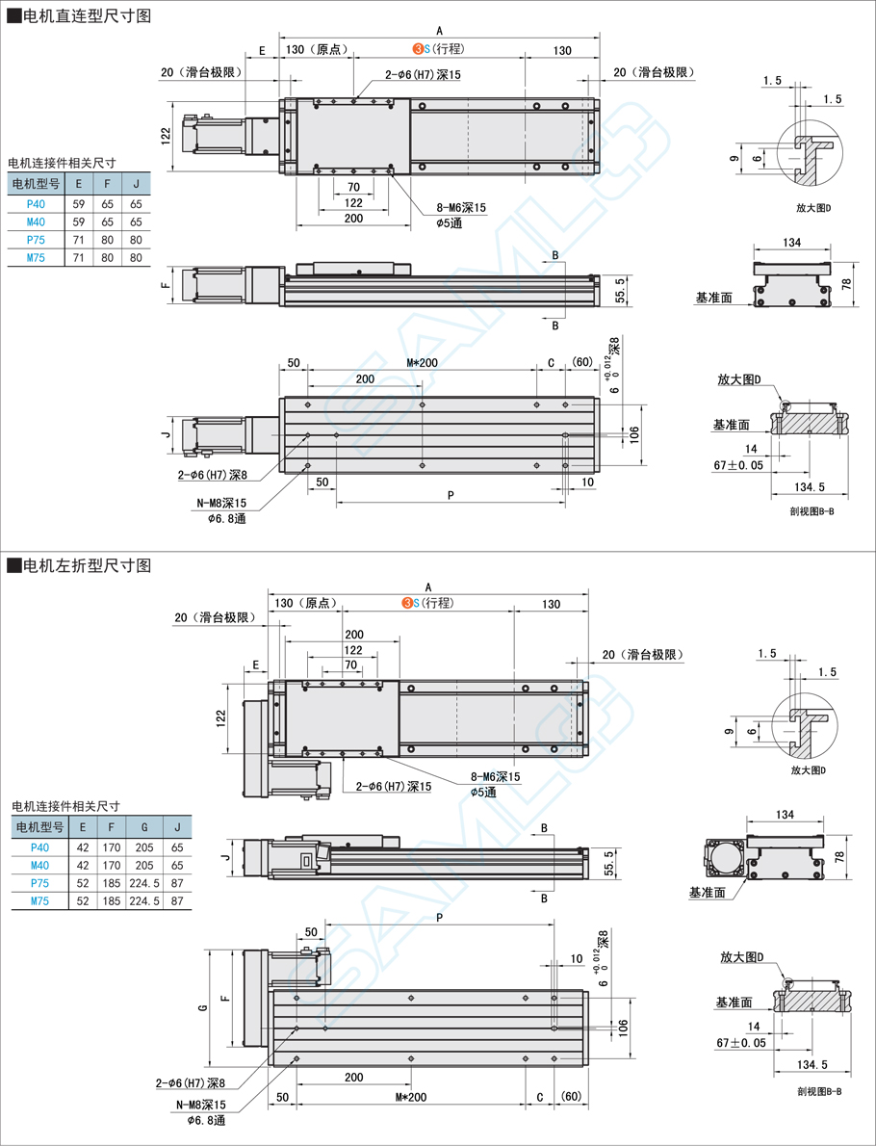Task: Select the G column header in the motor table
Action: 144,826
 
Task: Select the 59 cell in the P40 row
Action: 79,203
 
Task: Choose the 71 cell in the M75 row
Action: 79,257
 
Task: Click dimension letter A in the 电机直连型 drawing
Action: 438,30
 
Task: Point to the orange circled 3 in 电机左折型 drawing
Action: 407,604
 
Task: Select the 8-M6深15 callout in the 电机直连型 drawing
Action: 461,207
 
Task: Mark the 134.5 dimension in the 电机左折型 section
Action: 812,1064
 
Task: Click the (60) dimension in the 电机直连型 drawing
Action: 581,362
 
